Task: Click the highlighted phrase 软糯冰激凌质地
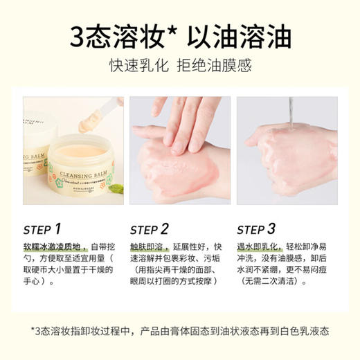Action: [x=55, y=246]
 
